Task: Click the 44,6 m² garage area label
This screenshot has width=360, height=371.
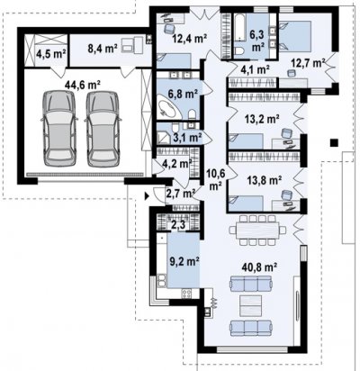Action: coord(83,85)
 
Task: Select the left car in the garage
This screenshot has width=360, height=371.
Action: coord(59,129)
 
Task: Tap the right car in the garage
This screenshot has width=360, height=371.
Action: coord(103,129)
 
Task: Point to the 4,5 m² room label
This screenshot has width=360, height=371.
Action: coord(51,54)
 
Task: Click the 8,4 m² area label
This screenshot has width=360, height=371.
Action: coord(103,48)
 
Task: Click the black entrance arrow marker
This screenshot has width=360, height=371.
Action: coord(147,196)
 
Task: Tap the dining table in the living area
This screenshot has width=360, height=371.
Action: coord(257,231)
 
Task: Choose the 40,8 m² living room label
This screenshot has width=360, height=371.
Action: coord(260,266)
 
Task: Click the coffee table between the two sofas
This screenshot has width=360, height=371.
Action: coord(251,305)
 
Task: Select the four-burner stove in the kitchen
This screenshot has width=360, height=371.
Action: coord(186,294)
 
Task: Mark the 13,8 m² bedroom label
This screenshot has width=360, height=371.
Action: coord(265,180)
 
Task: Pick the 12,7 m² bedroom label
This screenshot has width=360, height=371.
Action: coord(309,63)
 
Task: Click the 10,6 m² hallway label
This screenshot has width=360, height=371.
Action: coord(216,179)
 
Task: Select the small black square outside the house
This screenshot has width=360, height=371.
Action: coord(334,143)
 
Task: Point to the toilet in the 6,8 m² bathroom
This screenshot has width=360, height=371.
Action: coord(193,114)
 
